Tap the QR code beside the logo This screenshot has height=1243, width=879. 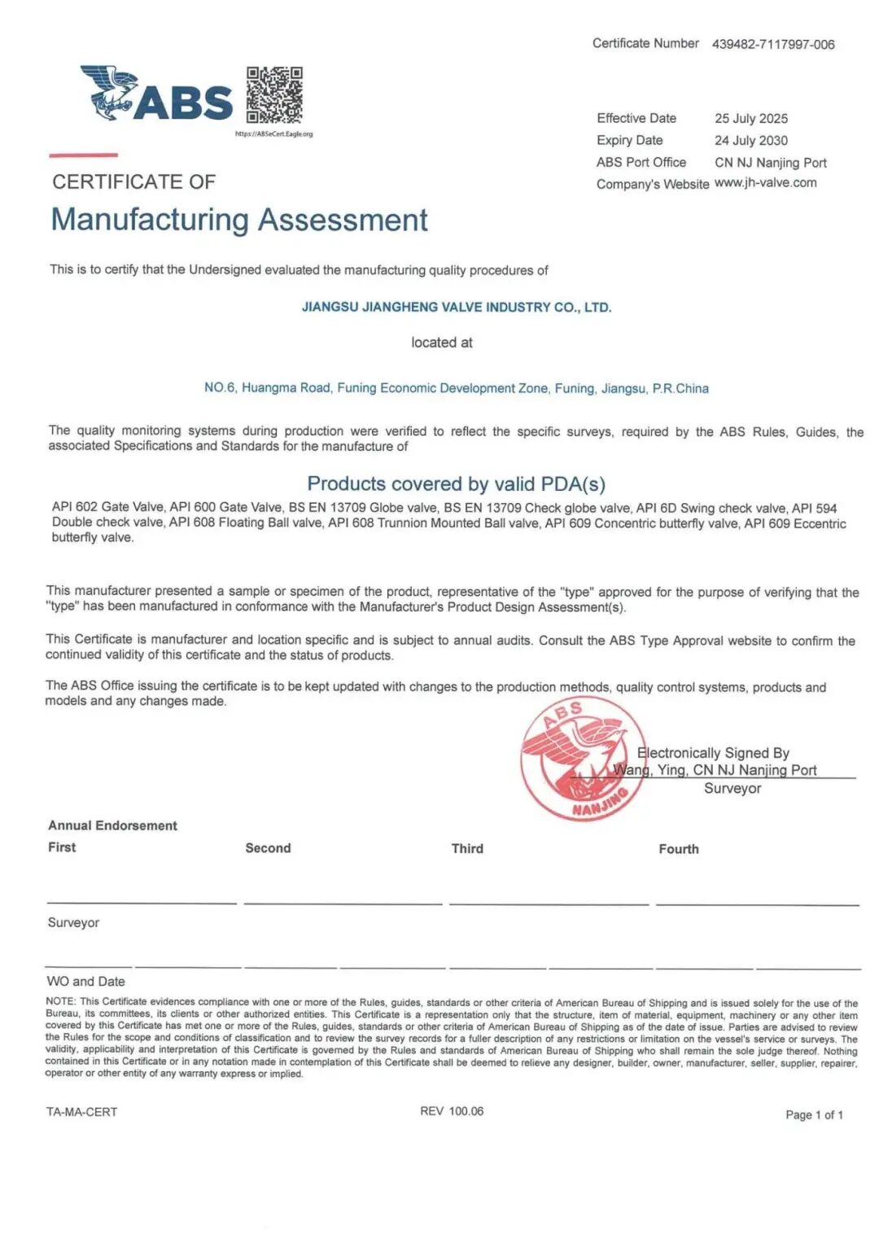tap(274, 94)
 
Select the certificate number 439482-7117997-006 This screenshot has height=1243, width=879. tap(773, 45)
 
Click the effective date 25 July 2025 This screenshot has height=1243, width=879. tap(751, 119)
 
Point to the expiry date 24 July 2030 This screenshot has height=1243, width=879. tap(751, 141)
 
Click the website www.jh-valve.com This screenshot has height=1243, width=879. tap(766, 183)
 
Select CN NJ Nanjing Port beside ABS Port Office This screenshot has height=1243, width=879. tap(771, 163)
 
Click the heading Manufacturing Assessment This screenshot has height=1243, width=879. tap(239, 220)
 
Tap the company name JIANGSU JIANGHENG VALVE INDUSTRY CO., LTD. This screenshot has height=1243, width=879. tap(457, 308)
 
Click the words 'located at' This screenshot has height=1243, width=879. tap(441, 343)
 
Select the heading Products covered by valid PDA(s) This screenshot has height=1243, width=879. tap(457, 484)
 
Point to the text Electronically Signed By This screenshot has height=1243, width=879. tap(714, 754)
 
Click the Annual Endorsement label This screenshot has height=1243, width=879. tap(112, 825)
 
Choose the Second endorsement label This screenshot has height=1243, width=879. tap(268, 848)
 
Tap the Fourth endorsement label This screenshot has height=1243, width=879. tap(679, 849)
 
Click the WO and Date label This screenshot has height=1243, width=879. tap(86, 982)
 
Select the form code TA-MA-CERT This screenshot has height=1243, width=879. tap(82, 1112)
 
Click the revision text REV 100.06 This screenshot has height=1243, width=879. tap(452, 1111)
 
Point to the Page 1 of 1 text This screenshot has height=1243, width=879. tap(814, 1115)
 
